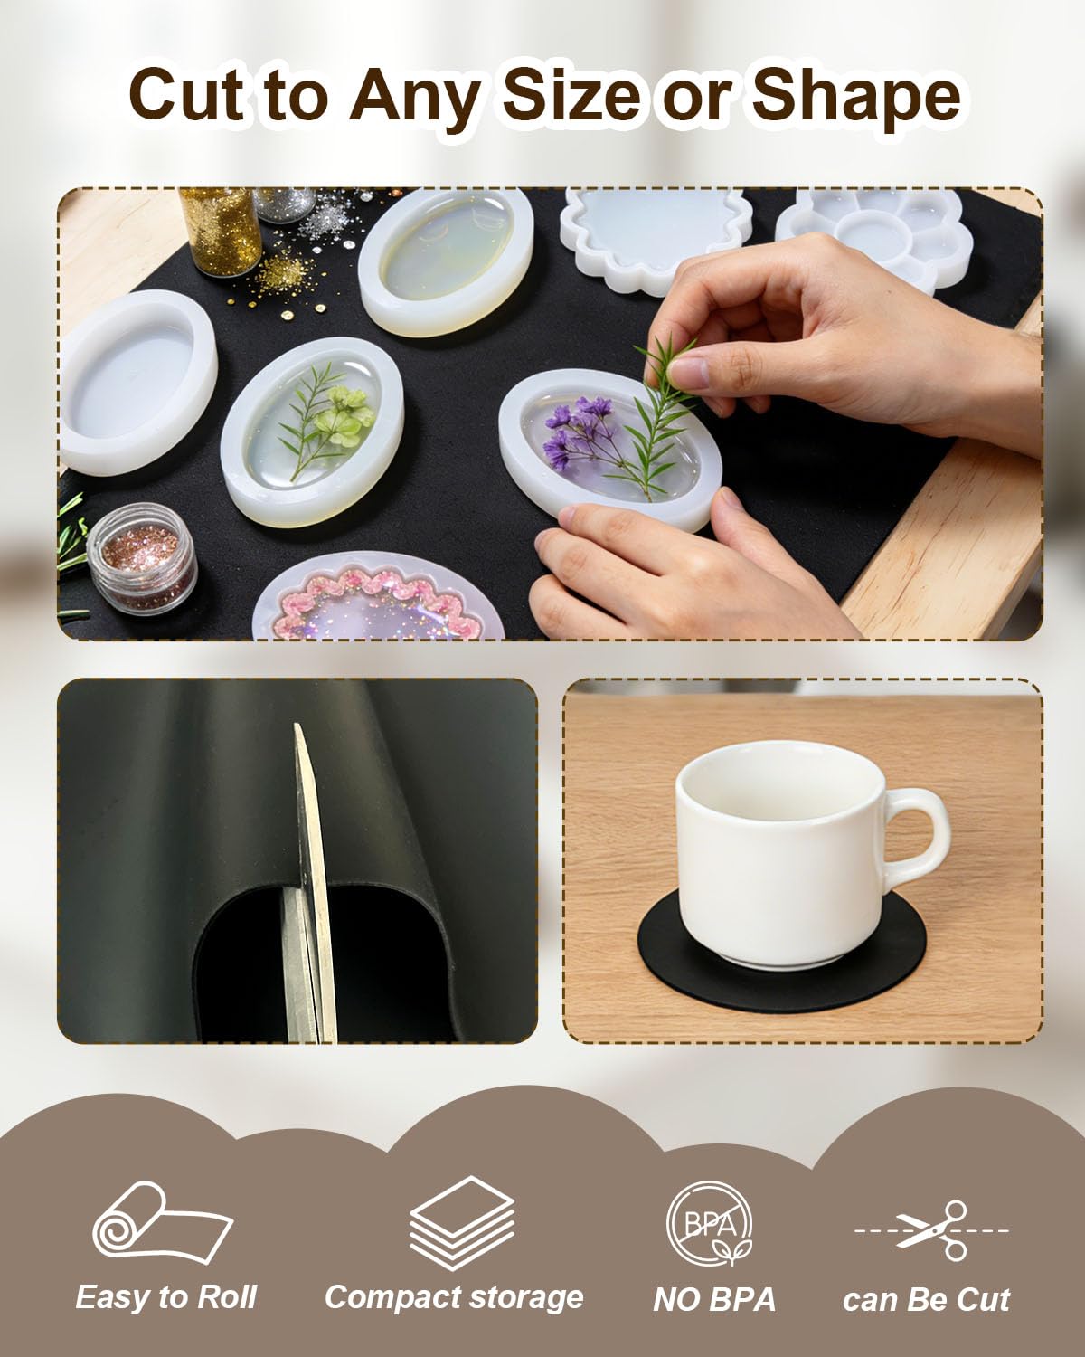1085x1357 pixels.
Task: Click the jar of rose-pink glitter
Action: [x=141, y=557]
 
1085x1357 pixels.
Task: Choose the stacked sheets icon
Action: [x=461, y=1222]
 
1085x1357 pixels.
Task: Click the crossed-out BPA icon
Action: [x=710, y=1223]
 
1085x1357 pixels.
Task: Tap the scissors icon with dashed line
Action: [x=932, y=1229]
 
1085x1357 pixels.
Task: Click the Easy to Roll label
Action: [x=165, y=1297]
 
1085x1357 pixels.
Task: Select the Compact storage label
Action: [x=454, y=1298]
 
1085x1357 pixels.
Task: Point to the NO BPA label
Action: [x=713, y=1300]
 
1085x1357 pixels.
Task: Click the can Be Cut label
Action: [x=927, y=1300]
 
